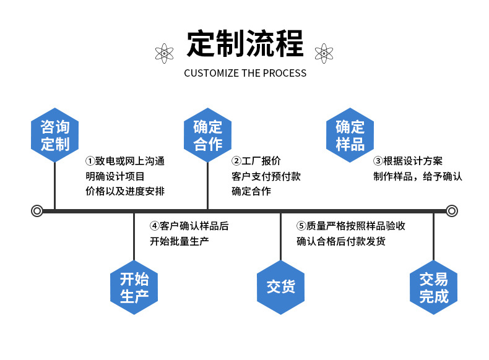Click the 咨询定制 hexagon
(x=55, y=135)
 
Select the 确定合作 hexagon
(x=207, y=135)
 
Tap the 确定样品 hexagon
(x=350, y=135)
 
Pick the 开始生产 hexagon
(x=134, y=288)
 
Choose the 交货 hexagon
(x=280, y=288)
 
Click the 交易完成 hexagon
(x=433, y=288)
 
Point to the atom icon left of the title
(x=164, y=53)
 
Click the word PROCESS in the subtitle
(x=285, y=73)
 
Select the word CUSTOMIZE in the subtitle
(x=211, y=73)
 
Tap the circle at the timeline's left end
(x=37, y=211)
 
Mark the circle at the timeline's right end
(x=452, y=211)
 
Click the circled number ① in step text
(x=89, y=161)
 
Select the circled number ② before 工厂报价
(x=236, y=161)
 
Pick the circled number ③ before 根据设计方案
(x=378, y=161)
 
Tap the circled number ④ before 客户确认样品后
(x=154, y=226)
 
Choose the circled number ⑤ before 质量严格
(x=301, y=226)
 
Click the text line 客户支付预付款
(x=266, y=176)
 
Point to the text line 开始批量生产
(x=180, y=241)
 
